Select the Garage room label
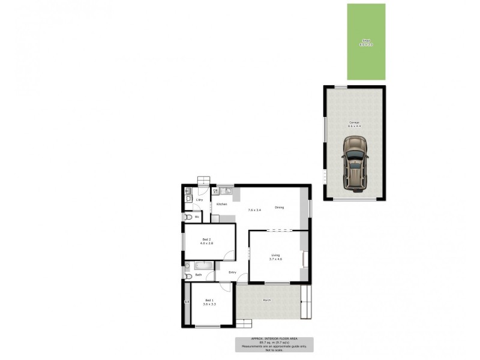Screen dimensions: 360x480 point(354,122)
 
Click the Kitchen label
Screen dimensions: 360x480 point(222,205)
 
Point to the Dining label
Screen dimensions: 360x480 point(279,208)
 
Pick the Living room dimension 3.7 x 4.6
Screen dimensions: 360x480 point(275,259)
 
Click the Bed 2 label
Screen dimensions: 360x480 point(206,239)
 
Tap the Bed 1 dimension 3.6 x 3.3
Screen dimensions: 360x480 point(209,305)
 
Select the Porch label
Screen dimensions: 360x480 point(266,300)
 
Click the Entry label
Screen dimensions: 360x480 point(233,272)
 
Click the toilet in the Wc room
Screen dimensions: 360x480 point(187,217)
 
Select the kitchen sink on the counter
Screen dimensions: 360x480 point(226,191)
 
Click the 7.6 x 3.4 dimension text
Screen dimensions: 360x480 point(254,210)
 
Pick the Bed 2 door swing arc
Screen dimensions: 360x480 point(229,256)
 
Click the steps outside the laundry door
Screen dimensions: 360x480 point(205,181)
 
